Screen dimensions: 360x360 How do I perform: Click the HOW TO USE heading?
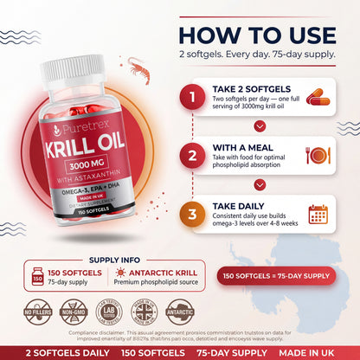click(259, 35)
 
